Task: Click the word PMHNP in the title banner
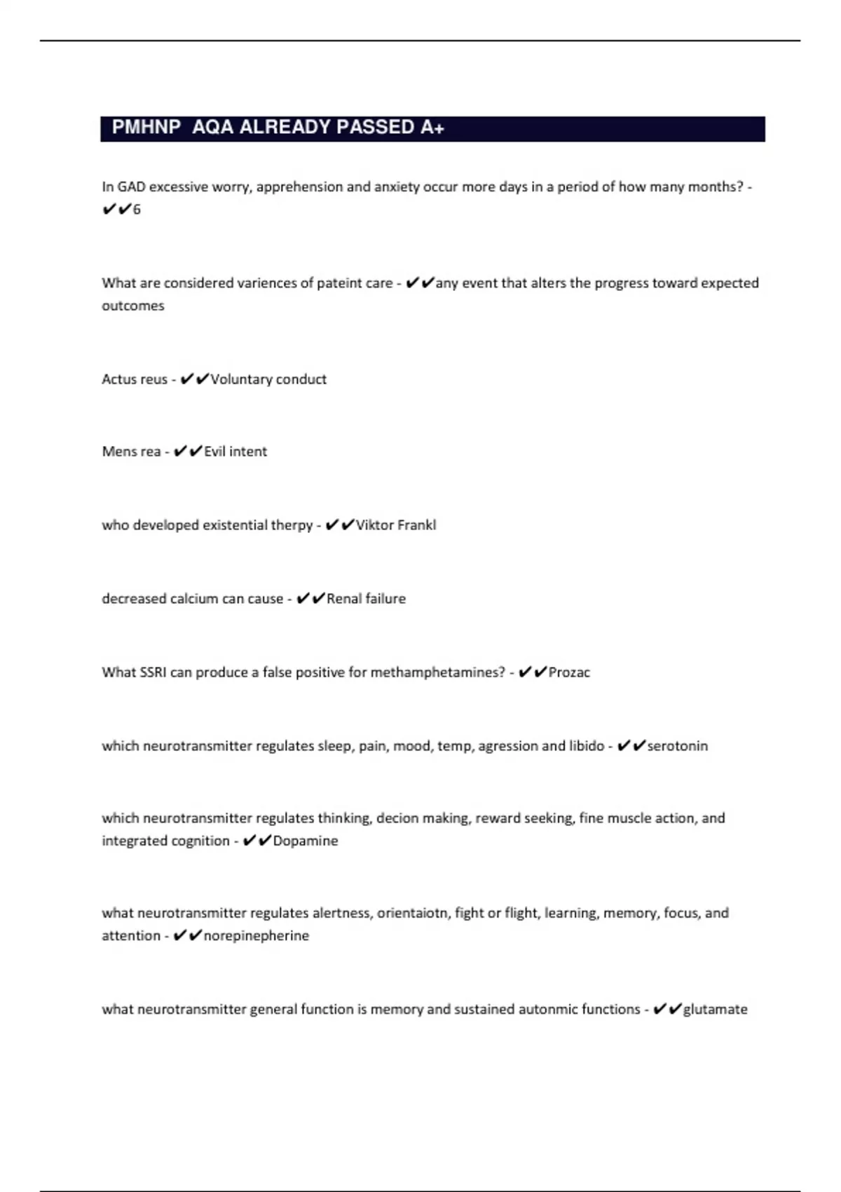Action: pos(146,128)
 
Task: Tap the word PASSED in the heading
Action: pos(375,128)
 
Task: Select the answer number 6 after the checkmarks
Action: pos(137,210)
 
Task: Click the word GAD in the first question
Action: pos(131,187)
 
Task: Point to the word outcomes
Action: pos(133,306)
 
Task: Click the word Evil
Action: pos(214,452)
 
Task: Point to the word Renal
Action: pos(344,599)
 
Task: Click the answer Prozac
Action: pos(569,672)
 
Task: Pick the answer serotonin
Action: pos(677,746)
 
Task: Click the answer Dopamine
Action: pos(305,841)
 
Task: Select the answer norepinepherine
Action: pos(256,936)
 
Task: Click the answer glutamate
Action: pos(715,1010)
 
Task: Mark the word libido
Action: pos(587,746)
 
